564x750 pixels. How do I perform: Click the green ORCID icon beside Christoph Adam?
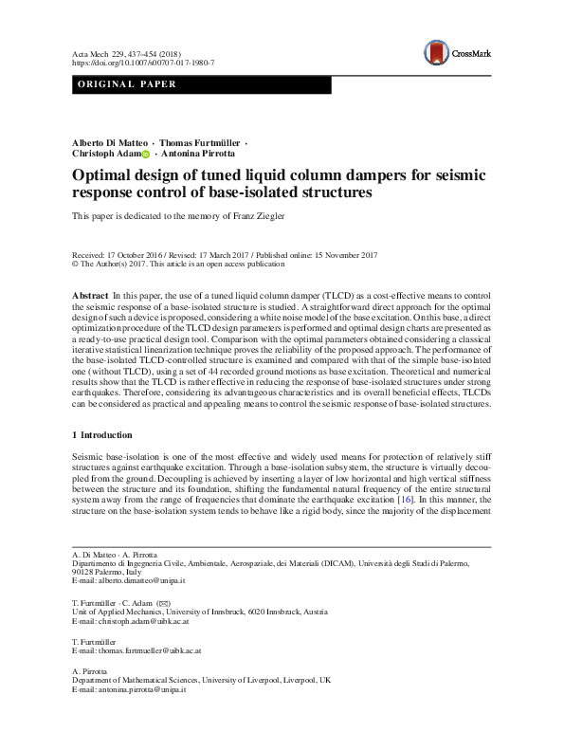click(146, 154)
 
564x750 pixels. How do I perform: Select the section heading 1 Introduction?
click(104, 435)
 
